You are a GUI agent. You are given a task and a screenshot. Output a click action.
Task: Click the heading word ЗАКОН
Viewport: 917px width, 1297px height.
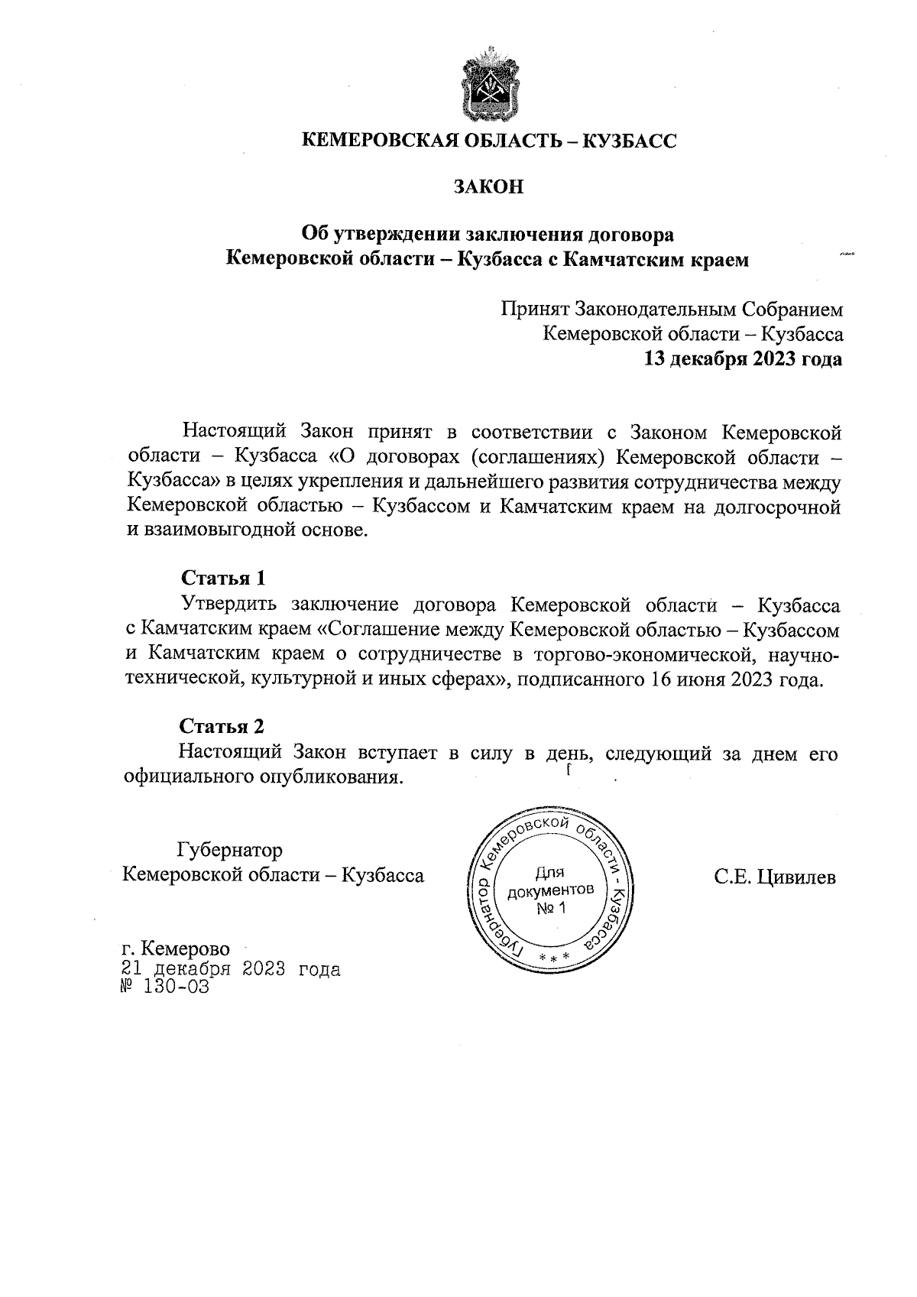(x=489, y=186)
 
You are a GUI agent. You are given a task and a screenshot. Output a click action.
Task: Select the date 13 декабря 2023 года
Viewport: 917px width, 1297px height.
(x=744, y=359)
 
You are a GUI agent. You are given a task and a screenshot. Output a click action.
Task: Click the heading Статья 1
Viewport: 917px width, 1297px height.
(x=222, y=577)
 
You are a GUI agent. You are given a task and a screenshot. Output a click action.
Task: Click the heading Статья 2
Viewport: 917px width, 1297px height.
(x=222, y=725)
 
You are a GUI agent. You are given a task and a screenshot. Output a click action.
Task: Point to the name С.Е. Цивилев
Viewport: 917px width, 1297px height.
(x=775, y=877)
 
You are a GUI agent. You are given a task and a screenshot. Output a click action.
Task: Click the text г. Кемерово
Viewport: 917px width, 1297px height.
(x=176, y=948)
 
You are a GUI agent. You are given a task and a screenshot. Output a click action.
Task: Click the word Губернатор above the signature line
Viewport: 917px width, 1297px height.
(x=229, y=850)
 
